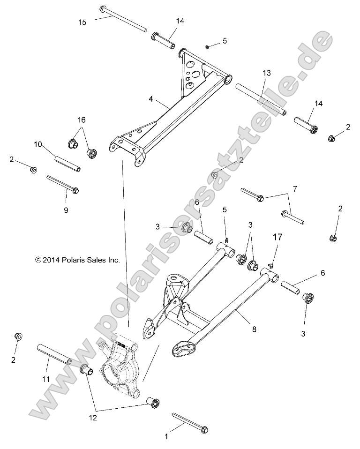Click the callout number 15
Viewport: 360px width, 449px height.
(82, 22)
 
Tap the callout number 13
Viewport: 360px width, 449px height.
(267, 73)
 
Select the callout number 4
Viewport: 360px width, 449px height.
(151, 99)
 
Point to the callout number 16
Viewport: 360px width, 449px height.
(82, 120)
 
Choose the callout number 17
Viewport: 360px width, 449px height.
(277, 237)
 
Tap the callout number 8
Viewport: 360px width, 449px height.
(254, 330)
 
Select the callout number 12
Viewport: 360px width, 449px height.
(93, 417)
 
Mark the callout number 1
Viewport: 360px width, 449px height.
(165, 436)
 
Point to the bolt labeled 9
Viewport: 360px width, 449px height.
(63, 184)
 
